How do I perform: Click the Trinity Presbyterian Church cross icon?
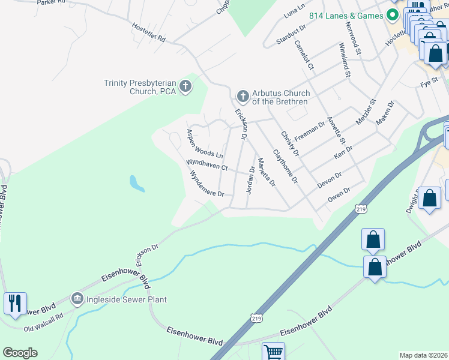pyautogui.click(x=185, y=86)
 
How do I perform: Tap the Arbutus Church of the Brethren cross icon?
pyautogui.click(x=243, y=95)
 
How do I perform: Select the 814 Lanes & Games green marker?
pyautogui.click(x=393, y=14)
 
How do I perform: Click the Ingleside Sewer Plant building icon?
pyautogui.click(x=76, y=299)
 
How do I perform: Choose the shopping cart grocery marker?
pyautogui.click(x=273, y=352)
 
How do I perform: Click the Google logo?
pyautogui.click(x=20, y=353)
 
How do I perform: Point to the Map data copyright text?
pyautogui.click(x=423, y=355)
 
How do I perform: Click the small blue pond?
pyautogui.click(x=137, y=184)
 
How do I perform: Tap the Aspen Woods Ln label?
pyautogui.click(x=204, y=144)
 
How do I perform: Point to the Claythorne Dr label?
pyautogui.click(x=286, y=166)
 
